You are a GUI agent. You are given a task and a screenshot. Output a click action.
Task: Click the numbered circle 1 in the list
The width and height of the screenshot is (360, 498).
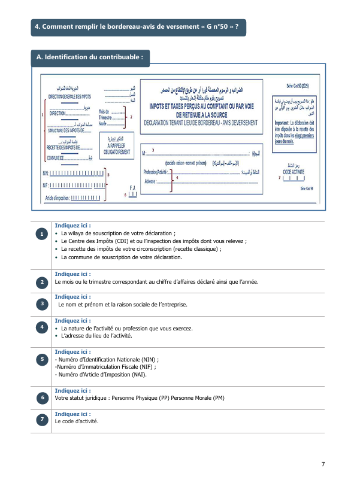tap(42, 233)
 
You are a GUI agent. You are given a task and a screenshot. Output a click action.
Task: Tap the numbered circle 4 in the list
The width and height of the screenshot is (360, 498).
tap(42, 327)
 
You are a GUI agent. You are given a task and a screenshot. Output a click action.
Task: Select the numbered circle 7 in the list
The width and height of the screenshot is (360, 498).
tap(42, 420)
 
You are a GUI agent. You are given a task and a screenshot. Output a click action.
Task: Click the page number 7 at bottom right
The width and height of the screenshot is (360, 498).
tap(323, 464)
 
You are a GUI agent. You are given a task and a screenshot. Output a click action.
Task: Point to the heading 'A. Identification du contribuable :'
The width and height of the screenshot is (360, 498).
tap(90, 57)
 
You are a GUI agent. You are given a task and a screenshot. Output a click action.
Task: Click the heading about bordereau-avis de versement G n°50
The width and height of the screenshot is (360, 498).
tap(138, 26)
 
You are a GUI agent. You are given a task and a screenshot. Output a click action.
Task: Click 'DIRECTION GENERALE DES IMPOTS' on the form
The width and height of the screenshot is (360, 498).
tap(69, 96)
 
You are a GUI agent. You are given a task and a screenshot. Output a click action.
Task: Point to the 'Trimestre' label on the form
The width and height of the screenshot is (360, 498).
tap(108, 117)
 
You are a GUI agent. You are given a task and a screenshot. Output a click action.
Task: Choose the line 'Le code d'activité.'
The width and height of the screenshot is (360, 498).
tap(77, 421)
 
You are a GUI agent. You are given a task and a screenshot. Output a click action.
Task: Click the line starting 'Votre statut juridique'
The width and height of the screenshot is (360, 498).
tap(139, 397)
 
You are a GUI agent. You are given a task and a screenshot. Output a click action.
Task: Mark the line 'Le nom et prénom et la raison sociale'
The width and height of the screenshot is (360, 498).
tap(123, 304)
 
